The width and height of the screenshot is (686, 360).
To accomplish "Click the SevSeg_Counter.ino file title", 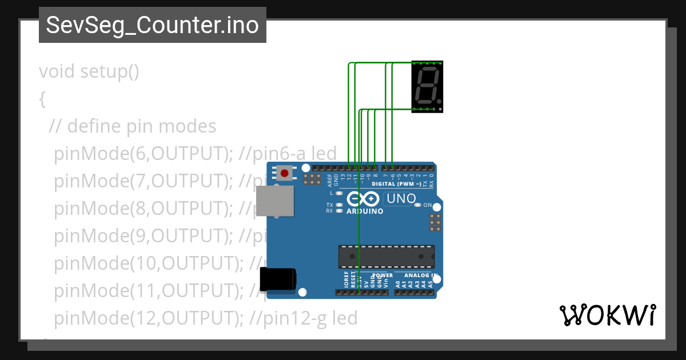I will click(152, 25).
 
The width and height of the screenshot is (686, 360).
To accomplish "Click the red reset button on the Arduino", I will click(284, 172).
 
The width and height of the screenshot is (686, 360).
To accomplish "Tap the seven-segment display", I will click(427, 87).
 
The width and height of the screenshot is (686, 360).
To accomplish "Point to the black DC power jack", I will click(278, 279).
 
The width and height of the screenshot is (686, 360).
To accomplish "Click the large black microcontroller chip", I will click(386, 257).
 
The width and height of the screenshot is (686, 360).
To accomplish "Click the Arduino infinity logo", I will click(362, 199).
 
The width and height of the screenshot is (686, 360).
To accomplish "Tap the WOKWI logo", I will click(607, 315).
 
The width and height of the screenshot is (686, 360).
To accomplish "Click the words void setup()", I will click(89, 72).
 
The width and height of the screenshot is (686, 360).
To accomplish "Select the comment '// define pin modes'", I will click(133, 126).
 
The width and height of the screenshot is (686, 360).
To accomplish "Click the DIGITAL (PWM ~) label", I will click(396, 184).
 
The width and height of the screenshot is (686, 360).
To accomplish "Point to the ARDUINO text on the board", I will click(365, 211).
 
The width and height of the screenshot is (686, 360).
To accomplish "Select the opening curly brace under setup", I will click(42, 99).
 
